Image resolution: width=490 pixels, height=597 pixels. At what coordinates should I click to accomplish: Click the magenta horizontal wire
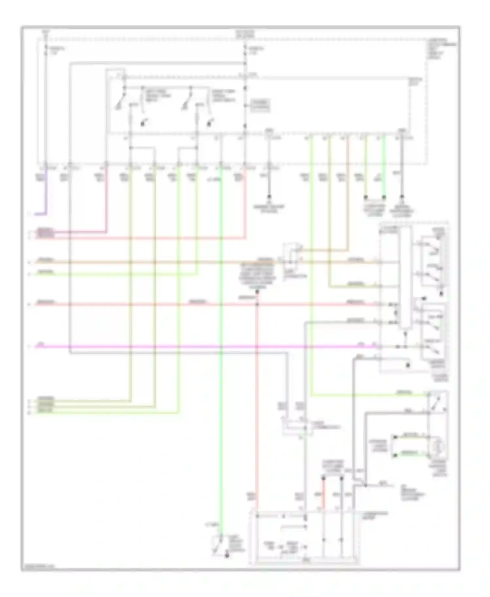pyautogui.click(x=196, y=346)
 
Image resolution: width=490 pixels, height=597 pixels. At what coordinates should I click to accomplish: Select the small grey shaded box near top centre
pyautogui.click(x=260, y=105)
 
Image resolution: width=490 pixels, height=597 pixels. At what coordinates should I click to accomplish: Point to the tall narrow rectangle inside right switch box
pyautogui.click(x=405, y=278)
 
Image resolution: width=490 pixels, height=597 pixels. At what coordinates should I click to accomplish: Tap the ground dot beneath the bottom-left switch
pyautogui.click(x=226, y=555)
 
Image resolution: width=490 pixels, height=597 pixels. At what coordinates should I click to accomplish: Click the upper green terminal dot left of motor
pyautogui.click(x=395, y=437)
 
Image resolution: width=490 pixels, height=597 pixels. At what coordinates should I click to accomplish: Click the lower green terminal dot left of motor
pyautogui.click(x=395, y=455)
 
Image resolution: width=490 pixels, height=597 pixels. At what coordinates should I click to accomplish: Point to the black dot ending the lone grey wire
pyautogui.click(x=269, y=197)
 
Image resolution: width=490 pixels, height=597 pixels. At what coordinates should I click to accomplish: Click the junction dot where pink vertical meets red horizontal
pyautogui.click(x=257, y=304)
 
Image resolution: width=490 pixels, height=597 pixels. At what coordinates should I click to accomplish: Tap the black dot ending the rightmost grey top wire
pyautogui.click(x=402, y=197)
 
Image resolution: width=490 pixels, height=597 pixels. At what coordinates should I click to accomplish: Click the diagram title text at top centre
pyautogui.click(x=245, y=34)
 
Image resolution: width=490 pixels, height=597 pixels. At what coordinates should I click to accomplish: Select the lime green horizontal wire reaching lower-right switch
pyautogui.click(x=369, y=395)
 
